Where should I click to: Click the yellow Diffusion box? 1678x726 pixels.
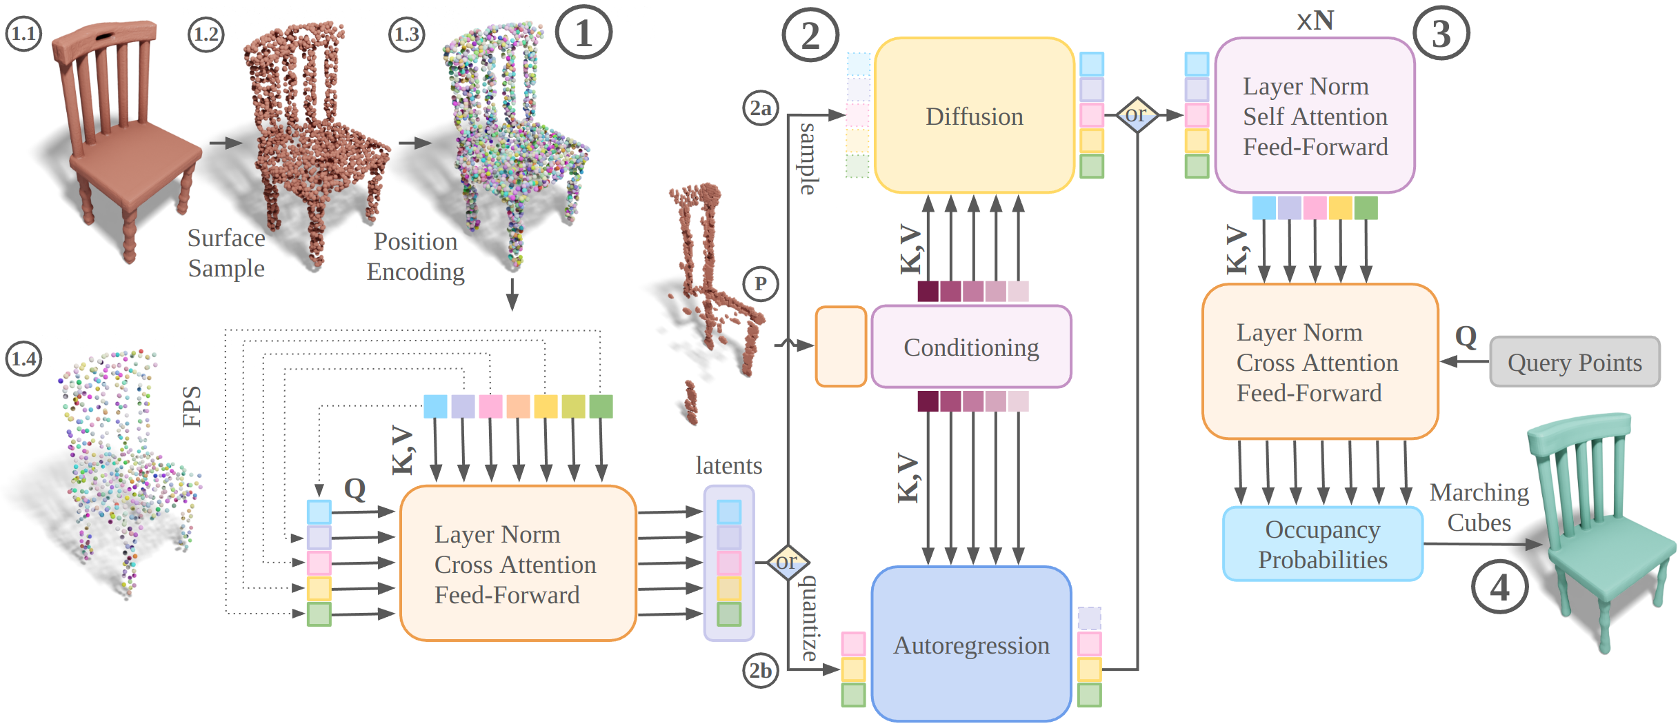(974, 116)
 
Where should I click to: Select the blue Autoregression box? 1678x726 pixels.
(971, 645)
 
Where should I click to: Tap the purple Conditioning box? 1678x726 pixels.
(971, 347)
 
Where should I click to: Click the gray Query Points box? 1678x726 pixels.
(1575, 362)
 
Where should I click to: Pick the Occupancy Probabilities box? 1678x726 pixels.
(1322, 544)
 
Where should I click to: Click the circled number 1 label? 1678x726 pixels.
(583, 32)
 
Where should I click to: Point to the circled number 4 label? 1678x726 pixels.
(1499, 587)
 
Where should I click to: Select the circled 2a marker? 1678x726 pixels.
(761, 108)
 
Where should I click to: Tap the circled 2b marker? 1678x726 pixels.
(761, 670)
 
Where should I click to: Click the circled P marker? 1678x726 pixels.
(761, 283)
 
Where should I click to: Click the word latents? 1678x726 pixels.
(728, 465)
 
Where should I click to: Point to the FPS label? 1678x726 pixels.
(192, 407)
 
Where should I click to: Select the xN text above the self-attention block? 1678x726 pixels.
(1315, 20)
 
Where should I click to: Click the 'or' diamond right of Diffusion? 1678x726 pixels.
(1137, 114)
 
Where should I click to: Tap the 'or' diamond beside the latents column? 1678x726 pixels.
(787, 562)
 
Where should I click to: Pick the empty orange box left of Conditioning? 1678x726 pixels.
(841, 346)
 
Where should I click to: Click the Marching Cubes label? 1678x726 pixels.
(1479, 507)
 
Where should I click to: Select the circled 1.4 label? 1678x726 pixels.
(23, 359)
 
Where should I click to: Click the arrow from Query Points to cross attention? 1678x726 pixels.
(1464, 361)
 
